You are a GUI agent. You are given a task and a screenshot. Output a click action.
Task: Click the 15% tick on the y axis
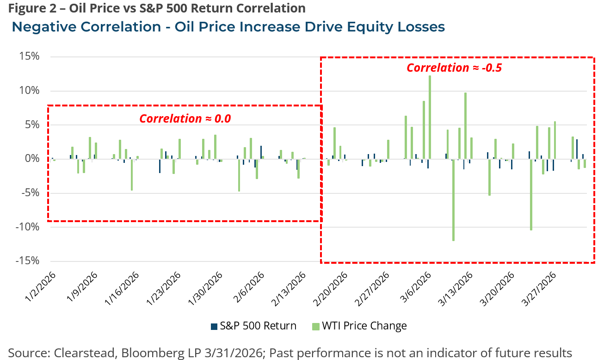click(x=30, y=57)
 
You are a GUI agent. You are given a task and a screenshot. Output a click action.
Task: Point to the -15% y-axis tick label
click(x=28, y=261)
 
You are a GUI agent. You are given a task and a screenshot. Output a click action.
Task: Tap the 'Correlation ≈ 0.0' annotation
click(x=185, y=118)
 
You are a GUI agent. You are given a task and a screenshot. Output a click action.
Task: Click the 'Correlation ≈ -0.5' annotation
click(x=454, y=68)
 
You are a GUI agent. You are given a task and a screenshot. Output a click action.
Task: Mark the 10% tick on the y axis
click(x=30, y=91)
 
